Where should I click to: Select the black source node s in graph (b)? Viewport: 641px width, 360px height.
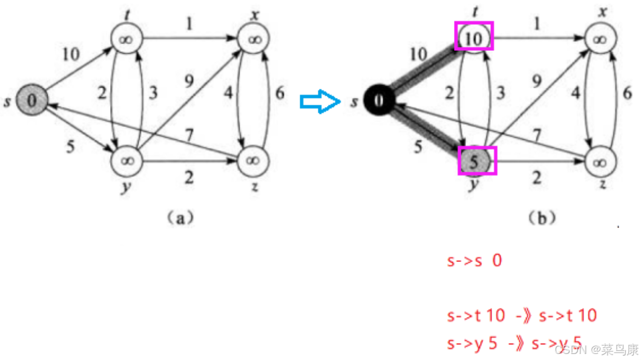378,100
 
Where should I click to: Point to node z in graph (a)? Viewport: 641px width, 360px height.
254,160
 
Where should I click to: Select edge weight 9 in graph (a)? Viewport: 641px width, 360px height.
190,81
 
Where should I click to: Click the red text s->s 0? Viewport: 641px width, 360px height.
475,261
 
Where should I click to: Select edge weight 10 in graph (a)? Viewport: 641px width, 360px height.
71,54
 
